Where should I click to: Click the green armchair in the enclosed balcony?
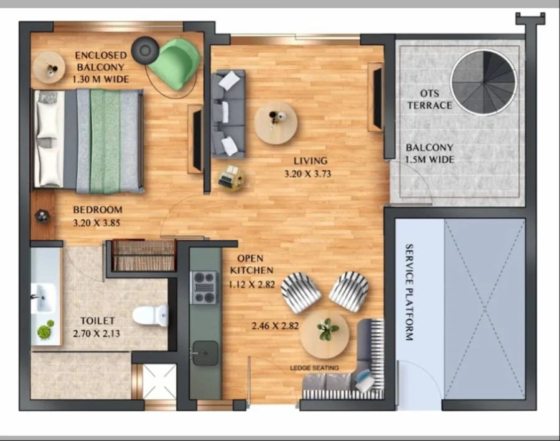[x=175, y=63]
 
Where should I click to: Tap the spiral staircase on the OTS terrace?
[x=483, y=83]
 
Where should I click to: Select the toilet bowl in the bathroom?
[x=151, y=315]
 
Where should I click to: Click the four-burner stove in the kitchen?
[x=203, y=288]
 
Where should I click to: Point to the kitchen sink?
[x=205, y=353]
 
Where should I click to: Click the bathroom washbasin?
[x=43, y=298]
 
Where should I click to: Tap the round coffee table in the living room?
[x=276, y=123]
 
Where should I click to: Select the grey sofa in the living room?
[x=228, y=114]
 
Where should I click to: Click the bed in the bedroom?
[x=88, y=141]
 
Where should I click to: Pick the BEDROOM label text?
[x=98, y=209]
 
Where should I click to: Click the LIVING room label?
[x=310, y=161]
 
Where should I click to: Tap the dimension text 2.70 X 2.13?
[x=96, y=334]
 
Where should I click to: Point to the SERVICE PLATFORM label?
[x=409, y=293]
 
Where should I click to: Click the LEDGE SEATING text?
[x=314, y=368]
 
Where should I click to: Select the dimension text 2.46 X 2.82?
[x=275, y=326]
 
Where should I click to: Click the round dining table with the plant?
[x=324, y=334]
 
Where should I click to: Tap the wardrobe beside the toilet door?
[x=144, y=255]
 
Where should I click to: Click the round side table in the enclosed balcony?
[x=49, y=67]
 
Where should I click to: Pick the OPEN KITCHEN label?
[x=251, y=264]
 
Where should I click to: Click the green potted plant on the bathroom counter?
[x=45, y=330]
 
